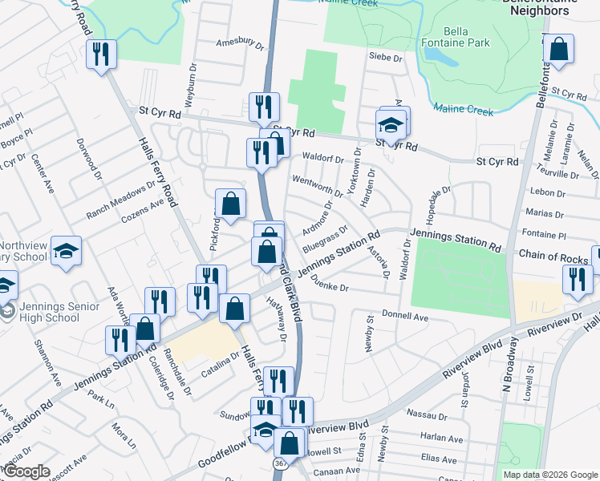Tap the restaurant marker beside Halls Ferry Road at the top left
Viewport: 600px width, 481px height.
tap(101, 55)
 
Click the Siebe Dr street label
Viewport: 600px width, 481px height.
tap(384, 57)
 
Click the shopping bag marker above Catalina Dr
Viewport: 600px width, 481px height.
tap(234, 309)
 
